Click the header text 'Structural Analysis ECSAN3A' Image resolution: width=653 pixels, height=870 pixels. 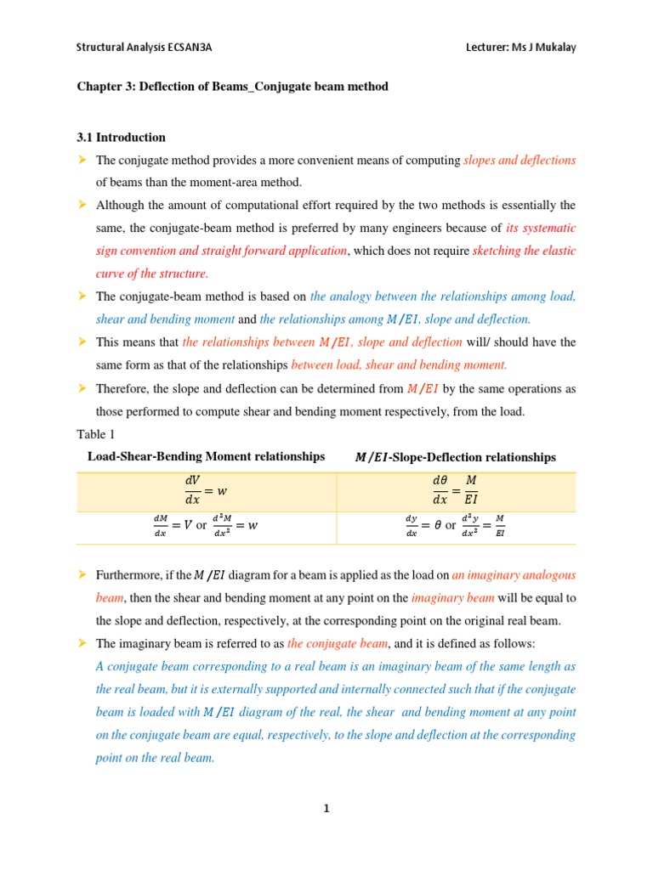[x=144, y=48]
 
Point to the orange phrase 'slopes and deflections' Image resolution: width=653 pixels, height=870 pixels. [x=520, y=160]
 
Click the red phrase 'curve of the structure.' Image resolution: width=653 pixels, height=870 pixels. [x=152, y=274]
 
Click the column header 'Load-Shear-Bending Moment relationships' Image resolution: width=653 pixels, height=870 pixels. [x=206, y=457]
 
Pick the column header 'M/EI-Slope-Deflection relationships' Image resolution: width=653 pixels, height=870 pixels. [x=455, y=457]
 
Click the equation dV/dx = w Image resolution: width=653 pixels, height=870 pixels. [x=206, y=491]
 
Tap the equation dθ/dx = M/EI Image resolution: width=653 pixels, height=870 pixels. [x=455, y=491]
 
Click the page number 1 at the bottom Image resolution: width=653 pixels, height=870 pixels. [x=326, y=808]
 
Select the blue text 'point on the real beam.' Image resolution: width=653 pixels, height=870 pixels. [x=155, y=758]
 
